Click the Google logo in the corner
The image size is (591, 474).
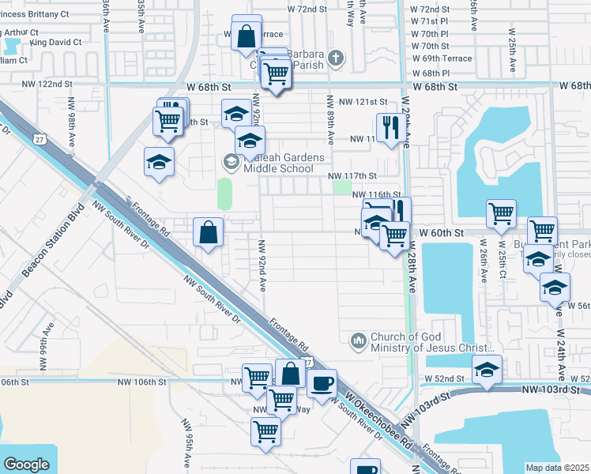click(26, 465)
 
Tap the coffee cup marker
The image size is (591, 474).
click(321, 384)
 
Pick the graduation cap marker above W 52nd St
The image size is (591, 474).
click(487, 370)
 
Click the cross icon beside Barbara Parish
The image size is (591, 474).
click(337, 58)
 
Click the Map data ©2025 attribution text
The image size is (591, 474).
click(557, 468)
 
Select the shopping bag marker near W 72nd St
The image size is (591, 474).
click(247, 33)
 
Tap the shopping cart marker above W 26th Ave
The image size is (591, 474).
click(501, 214)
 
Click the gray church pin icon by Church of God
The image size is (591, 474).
click(358, 340)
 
